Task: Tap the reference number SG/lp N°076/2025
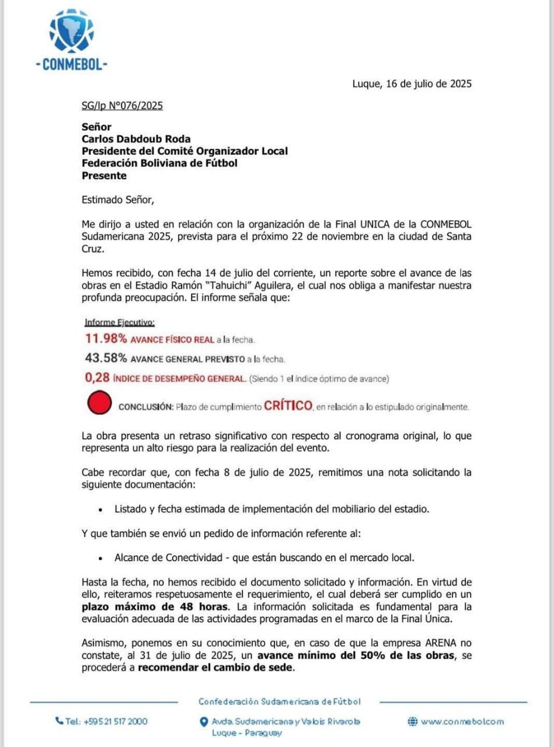122,106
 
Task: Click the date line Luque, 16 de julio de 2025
412,83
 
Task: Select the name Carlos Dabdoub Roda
136,139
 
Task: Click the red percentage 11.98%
106,339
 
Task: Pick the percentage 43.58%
106,358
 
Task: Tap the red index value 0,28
97,378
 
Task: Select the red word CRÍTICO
288,406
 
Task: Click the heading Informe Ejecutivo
120,322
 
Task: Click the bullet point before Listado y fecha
102,509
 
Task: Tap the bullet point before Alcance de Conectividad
102,558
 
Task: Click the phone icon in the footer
59,721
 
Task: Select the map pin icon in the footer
203,722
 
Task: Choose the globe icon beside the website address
412,721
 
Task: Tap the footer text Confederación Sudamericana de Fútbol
279,701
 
